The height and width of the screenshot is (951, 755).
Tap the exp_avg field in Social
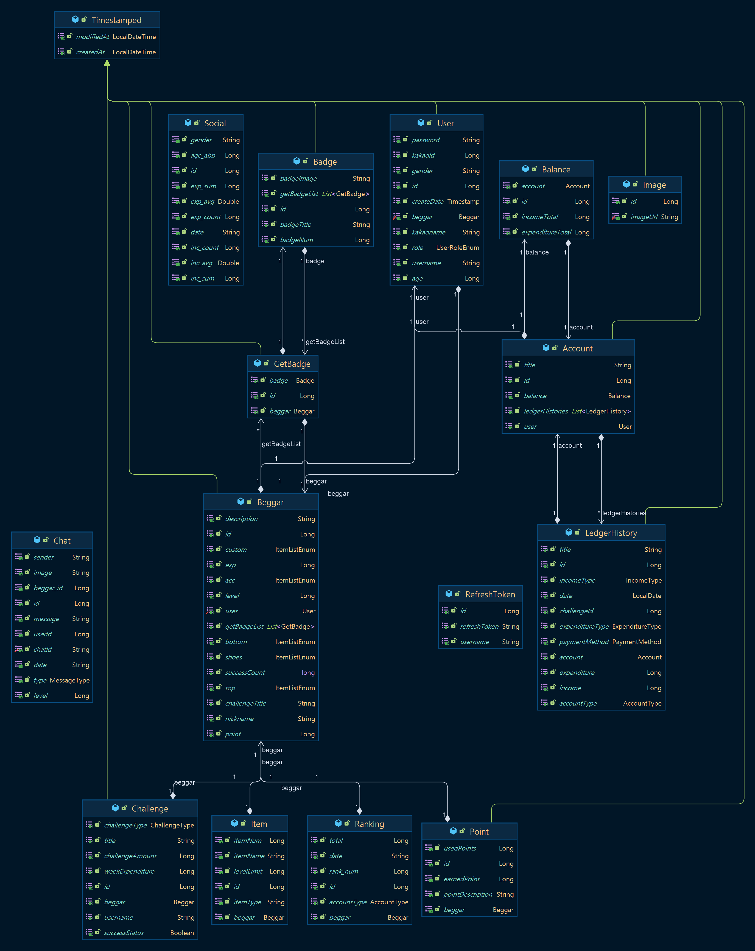click(202, 202)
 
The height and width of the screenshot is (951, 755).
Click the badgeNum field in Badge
click(296, 240)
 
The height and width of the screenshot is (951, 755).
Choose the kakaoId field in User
click(423, 156)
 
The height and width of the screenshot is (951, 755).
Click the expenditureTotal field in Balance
click(546, 233)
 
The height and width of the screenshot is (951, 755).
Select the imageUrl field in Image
click(644, 217)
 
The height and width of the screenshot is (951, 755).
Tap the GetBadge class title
click(292, 364)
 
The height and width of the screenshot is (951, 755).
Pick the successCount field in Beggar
click(245, 673)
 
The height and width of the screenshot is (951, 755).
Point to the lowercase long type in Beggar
click(308, 673)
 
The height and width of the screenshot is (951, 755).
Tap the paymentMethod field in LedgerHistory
click(583, 642)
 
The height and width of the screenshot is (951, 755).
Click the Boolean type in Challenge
click(182, 933)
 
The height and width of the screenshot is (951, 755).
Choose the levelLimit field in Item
click(248, 872)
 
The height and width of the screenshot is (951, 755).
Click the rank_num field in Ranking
click(343, 872)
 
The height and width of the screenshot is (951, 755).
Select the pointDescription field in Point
click(468, 894)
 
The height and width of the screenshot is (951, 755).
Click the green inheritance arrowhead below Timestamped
click(107, 63)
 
